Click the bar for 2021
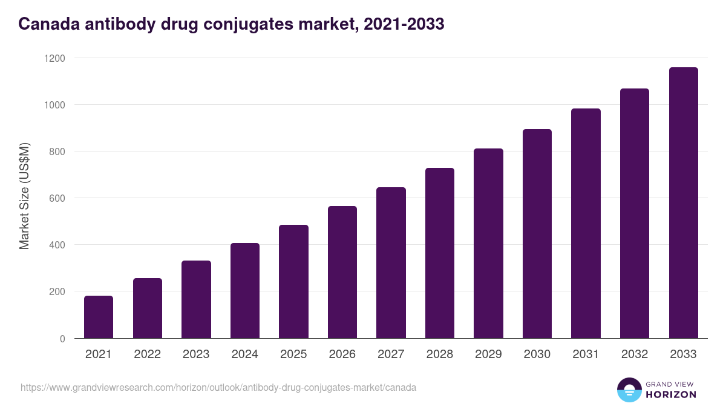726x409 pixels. pyautogui.click(x=99, y=317)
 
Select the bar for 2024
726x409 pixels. pyautogui.click(x=245, y=291)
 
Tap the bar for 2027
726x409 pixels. pyautogui.click(x=391, y=263)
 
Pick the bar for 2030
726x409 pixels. pyautogui.click(x=537, y=234)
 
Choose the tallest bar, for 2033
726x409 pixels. pyautogui.click(x=683, y=203)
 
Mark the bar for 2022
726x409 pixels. pyautogui.click(x=148, y=308)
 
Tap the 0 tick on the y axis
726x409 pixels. pyautogui.click(x=62, y=339)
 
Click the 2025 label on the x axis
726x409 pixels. pyautogui.click(x=293, y=354)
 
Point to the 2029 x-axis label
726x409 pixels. pyautogui.click(x=488, y=354)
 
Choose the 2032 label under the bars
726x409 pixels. pyautogui.click(x=635, y=354)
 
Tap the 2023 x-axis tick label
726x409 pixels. pyautogui.click(x=196, y=354)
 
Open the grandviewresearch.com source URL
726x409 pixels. pyautogui.click(x=218, y=387)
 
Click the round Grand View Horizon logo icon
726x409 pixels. pyautogui.click(x=629, y=390)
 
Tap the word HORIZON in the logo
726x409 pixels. pyautogui.click(x=671, y=394)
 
